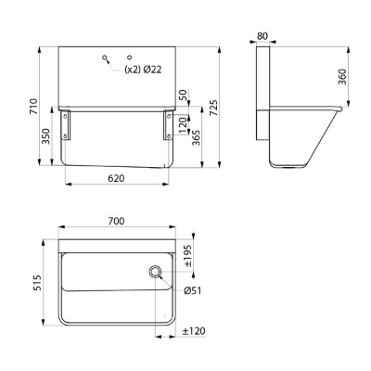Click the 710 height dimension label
[33, 107]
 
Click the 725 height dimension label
[213, 108]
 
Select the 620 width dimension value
[116, 178]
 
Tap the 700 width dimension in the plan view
[117, 221]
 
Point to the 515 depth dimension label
[37, 282]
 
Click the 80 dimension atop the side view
[262, 36]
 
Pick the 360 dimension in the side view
[342, 77]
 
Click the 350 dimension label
[46, 136]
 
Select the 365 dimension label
[196, 137]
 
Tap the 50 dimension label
[183, 95]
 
